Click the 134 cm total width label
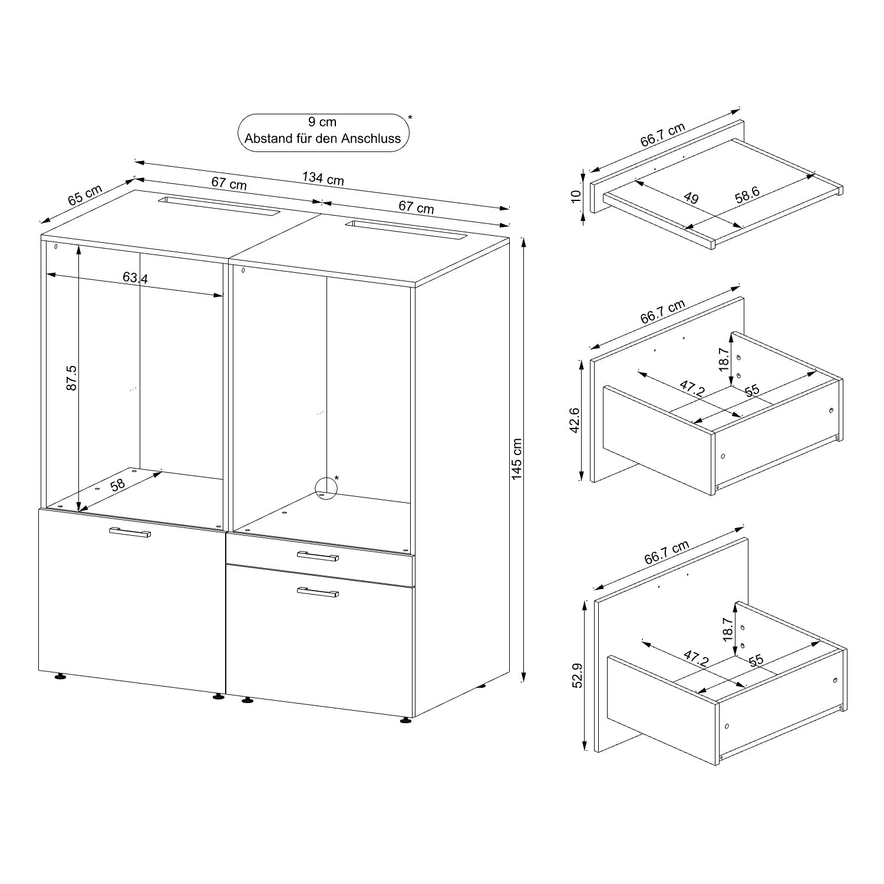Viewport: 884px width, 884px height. pos(323,178)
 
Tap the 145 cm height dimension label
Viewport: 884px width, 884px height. pos(517,459)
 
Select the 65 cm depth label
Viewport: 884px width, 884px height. pos(85,194)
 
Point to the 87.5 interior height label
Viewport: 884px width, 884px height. pos(72,378)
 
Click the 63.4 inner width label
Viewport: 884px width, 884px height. pos(136,278)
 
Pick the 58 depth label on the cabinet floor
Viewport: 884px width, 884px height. pos(118,484)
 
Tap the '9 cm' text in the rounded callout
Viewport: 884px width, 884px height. pos(322,122)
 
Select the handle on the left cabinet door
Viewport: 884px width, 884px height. pos(130,532)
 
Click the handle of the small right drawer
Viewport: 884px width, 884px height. pos(318,556)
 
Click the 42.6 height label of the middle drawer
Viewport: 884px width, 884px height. pos(575,420)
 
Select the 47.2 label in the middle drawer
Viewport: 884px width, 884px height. pos(692,389)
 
